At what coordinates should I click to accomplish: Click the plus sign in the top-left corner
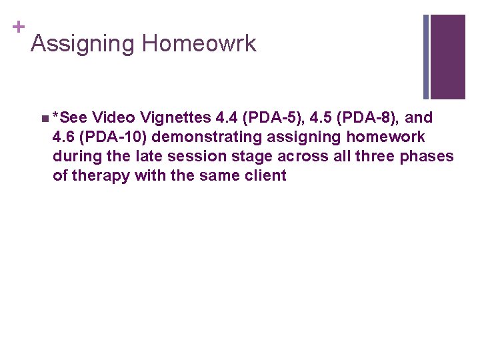pos(19,27)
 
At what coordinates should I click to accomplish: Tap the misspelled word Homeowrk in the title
pos(199,44)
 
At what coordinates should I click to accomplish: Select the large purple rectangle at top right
pos(447,57)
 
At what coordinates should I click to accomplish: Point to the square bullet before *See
pos(43,119)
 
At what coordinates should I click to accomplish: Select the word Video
pos(111,118)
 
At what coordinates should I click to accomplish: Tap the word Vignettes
pos(172,118)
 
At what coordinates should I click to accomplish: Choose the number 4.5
pos(323,118)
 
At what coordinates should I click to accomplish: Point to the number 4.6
pos(64,137)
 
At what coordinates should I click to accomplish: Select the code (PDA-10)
pos(113,137)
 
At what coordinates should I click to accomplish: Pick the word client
pos(265,176)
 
